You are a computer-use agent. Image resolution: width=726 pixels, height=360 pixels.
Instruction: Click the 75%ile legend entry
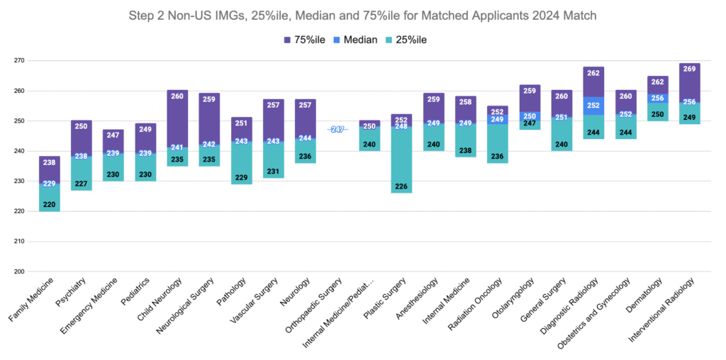(303, 40)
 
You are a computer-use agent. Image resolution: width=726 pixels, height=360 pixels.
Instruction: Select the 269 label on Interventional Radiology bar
(689, 69)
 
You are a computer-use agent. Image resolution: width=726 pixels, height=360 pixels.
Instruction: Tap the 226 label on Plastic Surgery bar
(401, 187)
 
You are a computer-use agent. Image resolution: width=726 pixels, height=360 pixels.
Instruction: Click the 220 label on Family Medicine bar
(50, 205)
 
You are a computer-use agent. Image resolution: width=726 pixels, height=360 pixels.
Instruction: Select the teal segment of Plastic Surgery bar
(401, 159)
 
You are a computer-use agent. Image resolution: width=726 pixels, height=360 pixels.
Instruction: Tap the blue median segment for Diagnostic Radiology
(593, 106)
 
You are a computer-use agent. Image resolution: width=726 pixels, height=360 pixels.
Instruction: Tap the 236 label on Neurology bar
(306, 157)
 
